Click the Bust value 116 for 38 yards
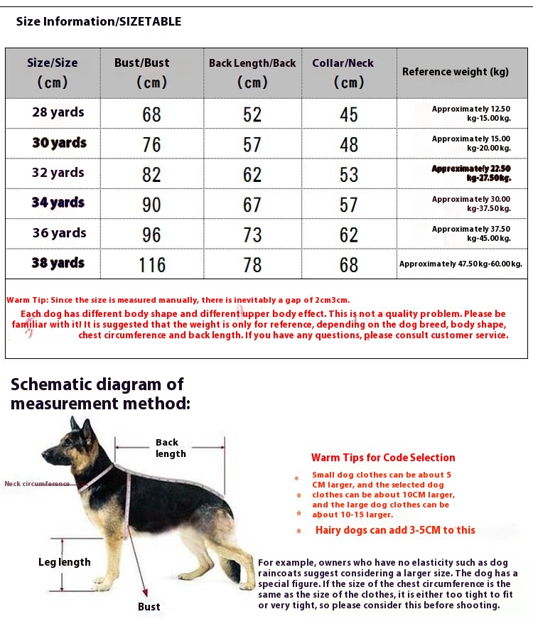(x=152, y=265)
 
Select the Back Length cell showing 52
(x=252, y=114)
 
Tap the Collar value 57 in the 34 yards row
(x=349, y=205)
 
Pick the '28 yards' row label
(x=58, y=112)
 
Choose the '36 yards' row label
(x=59, y=233)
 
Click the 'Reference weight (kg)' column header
(x=456, y=72)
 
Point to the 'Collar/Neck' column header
(x=343, y=63)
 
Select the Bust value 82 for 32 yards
(x=152, y=175)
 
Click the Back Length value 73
(x=252, y=235)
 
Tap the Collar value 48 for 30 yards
(x=349, y=145)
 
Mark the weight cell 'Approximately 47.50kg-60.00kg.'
(x=461, y=264)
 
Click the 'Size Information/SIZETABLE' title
(x=99, y=21)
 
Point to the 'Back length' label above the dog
(x=171, y=448)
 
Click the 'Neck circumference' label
(x=37, y=484)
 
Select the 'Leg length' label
(x=65, y=562)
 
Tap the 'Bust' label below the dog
(x=149, y=606)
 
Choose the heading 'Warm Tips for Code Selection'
(x=383, y=458)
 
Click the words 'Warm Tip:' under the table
(x=26, y=301)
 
